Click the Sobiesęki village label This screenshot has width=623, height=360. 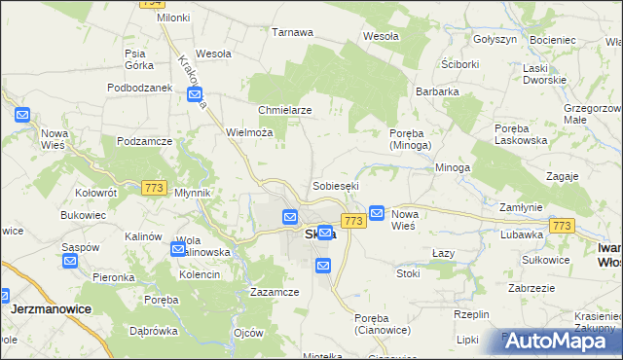click(x=336, y=185)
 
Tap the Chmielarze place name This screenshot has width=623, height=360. click(x=284, y=110)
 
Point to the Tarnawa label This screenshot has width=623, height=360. click(x=292, y=32)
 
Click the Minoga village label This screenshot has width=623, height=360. click(x=453, y=167)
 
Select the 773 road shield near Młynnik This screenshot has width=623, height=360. click(x=153, y=187)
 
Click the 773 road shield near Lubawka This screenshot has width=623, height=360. click(x=562, y=226)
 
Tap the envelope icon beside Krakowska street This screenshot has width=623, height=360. click(x=195, y=95)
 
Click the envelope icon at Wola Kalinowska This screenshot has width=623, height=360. click(x=177, y=249)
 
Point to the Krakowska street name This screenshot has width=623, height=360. click(x=191, y=80)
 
